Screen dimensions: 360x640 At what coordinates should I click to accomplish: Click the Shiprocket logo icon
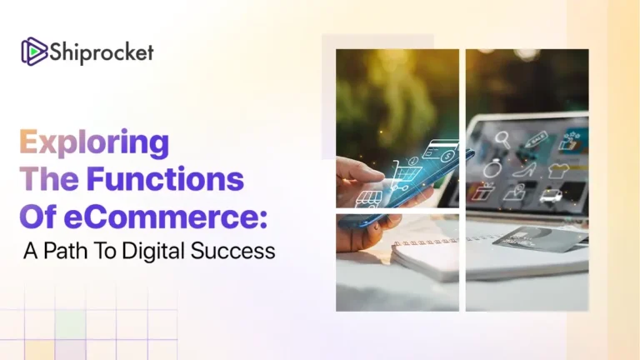click(33, 52)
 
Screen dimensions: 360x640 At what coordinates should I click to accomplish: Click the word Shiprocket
click(101, 52)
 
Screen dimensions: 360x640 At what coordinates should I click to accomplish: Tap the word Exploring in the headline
click(94, 143)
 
